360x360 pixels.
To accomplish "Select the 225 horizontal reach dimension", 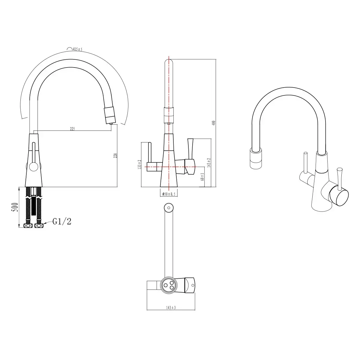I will [72, 129].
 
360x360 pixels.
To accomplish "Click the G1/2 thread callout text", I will [62, 222].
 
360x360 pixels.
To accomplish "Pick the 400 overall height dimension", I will [214, 123].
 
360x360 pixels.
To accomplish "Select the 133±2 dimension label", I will [139, 165].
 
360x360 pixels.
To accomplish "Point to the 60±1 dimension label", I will [203, 177].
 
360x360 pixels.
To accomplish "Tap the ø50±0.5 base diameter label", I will [169, 194].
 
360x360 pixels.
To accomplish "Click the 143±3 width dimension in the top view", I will [171, 307].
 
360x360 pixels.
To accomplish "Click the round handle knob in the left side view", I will [33, 166].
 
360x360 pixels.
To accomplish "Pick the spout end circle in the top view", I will [169, 207].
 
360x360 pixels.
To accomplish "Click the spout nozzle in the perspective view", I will [256, 159].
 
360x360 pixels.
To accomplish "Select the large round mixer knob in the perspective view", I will [340, 196].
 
